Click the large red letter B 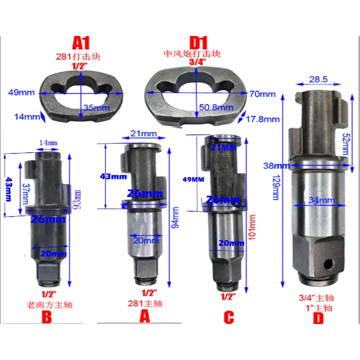(48, 318)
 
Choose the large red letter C (229, 318)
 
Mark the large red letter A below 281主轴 (144, 317)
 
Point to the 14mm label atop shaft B (48, 143)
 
